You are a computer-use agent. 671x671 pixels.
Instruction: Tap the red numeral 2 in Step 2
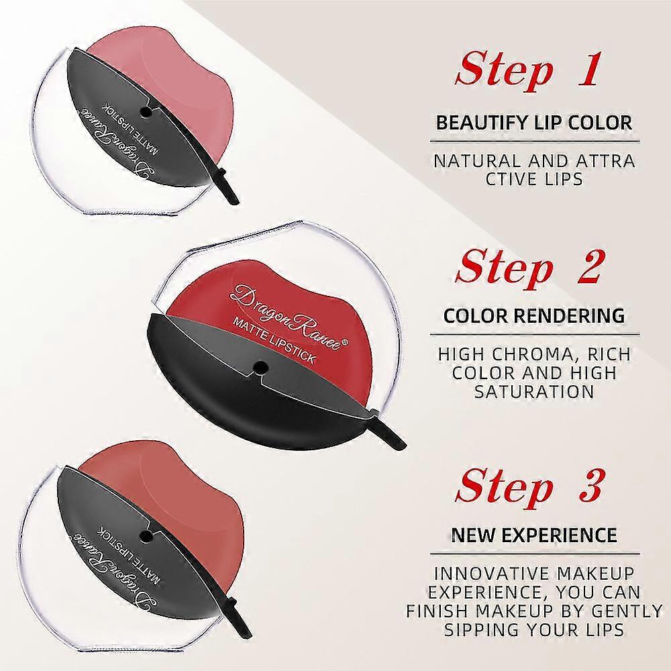[588, 266]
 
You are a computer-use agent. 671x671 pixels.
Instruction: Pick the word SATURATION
[535, 392]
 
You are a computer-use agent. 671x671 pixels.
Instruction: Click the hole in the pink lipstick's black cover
[146, 112]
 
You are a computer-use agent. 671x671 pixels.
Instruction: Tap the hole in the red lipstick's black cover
[259, 366]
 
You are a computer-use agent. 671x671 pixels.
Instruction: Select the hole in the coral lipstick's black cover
[146, 534]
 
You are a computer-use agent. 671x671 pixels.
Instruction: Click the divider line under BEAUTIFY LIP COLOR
[535, 141]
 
